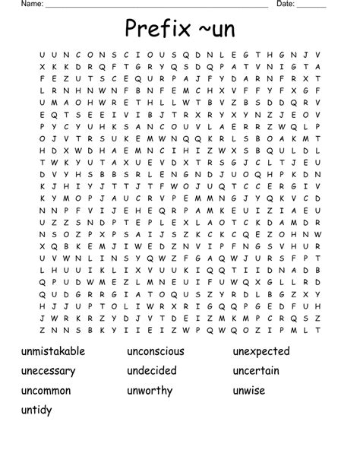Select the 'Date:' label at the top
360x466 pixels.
coord(285,4)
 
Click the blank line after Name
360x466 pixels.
coord(156,6)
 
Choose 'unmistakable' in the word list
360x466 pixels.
coord(53,351)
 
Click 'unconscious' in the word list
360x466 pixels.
coord(156,351)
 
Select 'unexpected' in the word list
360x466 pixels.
coord(261,351)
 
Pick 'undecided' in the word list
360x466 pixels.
coord(151,371)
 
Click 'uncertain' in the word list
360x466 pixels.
coord(256,371)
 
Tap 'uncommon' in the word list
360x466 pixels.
coord(46,391)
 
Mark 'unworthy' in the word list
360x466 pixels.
coord(150,391)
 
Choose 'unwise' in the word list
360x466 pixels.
coord(250,391)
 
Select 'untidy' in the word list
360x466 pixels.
coord(37,411)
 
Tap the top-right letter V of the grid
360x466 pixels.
coord(317,54)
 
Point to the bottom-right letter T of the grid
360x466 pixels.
coord(317,330)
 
